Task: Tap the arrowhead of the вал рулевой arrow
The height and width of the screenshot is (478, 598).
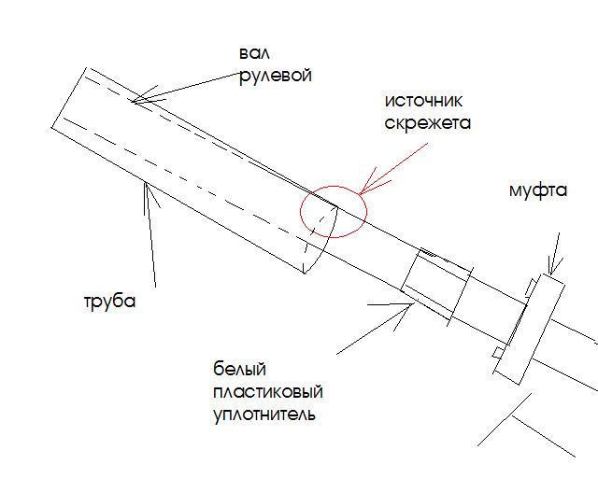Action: pyautogui.click(x=138, y=100)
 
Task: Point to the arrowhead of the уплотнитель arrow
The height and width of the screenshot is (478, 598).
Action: pyautogui.click(x=408, y=304)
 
